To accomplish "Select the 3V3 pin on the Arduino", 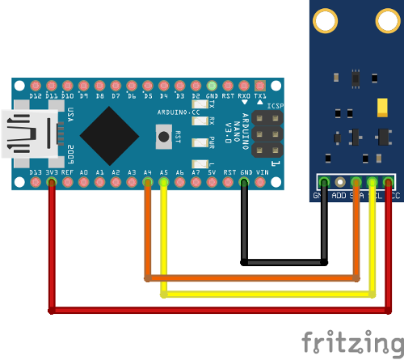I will [x=52, y=183].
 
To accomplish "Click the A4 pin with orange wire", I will [x=147, y=183].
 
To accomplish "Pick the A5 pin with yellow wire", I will [x=163, y=183].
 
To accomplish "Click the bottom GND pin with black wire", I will [x=245, y=183].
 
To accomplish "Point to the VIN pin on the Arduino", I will [x=261, y=183].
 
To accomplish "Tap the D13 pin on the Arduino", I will [x=36, y=183].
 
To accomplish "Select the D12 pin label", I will [x=36, y=96].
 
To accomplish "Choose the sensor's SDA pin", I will [x=356, y=182].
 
